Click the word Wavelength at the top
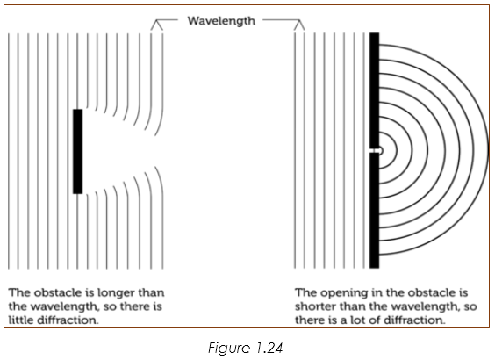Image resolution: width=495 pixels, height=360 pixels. click(x=221, y=21)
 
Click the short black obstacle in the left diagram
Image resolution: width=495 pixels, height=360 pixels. click(x=77, y=151)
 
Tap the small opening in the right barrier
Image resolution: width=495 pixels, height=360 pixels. click(x=375, y=151)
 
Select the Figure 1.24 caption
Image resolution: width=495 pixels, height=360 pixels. click(x=245, y=348)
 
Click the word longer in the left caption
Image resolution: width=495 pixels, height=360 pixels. click(x=116, y=292)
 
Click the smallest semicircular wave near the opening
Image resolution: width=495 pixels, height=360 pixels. click(x=383, y=151)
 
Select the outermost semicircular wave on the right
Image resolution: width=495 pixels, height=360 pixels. click(x=488, y=151)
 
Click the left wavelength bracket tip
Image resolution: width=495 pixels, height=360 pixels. click(x=157, y=20)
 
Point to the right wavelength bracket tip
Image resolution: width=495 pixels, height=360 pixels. click(x=299, y=20)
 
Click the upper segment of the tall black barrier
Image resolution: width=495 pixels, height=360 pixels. click(x=375, y=90)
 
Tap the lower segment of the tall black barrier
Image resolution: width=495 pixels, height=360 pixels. click(x=375, y=211)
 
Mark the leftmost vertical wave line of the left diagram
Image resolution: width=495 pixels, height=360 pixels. click(x=9, y=151)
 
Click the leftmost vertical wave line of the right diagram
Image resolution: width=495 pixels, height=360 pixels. click(x=295, y=150)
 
